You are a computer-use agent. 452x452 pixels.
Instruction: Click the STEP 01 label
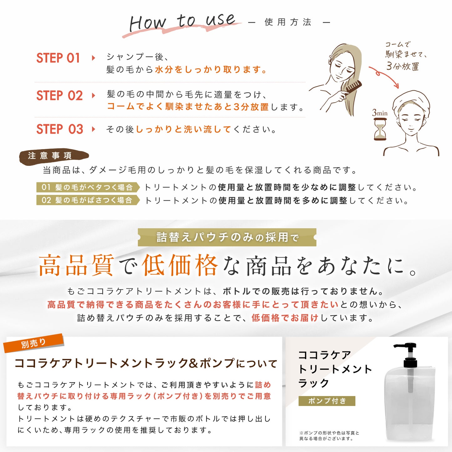coord(58,58)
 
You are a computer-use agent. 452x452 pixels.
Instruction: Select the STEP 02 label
coord(59,96)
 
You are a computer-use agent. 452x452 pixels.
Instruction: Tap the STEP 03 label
coord(60,129)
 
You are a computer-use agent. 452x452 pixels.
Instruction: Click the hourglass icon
coord(380,129)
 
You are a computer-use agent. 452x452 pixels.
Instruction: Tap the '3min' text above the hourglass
coord(380,113)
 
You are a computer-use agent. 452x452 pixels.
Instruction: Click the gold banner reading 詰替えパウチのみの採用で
coord(227,237)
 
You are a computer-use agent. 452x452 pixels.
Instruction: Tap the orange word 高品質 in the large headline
coord(77,265)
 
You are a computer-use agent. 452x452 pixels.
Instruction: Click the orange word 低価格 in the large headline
coord(180,265)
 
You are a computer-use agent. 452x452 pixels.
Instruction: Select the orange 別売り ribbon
coord(33,343)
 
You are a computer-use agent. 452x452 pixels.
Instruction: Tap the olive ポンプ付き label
coord(327,401)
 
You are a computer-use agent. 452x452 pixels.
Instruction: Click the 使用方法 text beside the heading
coord(288,22)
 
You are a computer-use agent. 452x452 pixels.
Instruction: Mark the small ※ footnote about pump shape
coord(329,436)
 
